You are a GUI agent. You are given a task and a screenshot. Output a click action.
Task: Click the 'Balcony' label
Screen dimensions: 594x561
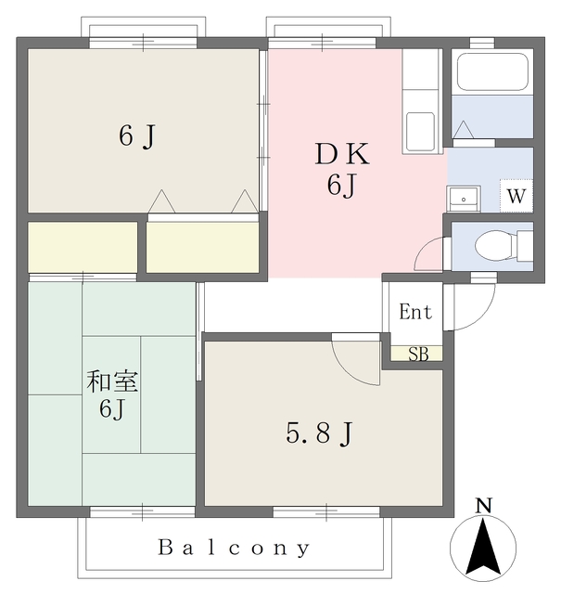(234, 548)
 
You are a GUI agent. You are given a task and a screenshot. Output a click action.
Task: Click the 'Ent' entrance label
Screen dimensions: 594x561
(414, 313)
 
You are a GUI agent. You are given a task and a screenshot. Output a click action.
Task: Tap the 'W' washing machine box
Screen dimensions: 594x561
(516, 196)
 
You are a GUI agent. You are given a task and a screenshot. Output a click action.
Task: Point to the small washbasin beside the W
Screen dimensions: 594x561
(463, 198)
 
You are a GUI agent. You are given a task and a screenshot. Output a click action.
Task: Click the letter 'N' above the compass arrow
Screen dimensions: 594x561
(482, 507)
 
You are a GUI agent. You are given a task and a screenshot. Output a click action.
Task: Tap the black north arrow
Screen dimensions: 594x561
(482, 548)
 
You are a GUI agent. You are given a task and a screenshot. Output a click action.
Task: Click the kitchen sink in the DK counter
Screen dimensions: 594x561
(422, 130)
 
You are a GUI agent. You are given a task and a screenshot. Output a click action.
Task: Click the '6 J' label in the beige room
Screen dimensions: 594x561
(136, 136)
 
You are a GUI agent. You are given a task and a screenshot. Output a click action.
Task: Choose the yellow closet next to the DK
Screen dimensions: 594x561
(203, 248)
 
